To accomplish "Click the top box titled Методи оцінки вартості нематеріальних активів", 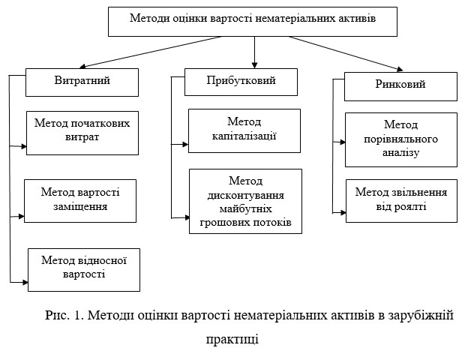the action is tap(253, 22).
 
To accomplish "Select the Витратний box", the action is tap(82, 82).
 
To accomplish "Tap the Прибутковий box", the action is tap(241, 82).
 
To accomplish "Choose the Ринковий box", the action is tap(400, 86).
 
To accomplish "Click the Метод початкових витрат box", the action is tap(82, 133).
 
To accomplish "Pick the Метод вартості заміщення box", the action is tap(80, 201).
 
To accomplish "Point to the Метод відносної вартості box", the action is tap(84, 270).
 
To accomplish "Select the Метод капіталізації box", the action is tap(244, 130).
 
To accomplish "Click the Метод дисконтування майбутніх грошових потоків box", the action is tap(245, 201).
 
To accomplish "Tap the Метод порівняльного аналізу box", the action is tap(401, 139).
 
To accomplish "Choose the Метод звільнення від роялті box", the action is tap(401, 201).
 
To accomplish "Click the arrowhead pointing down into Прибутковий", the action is tap(254, 65).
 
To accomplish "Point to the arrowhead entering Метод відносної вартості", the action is tap(25, 282).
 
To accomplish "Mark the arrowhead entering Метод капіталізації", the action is tap(185, 145).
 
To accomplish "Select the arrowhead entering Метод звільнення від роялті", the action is tap(343, 212).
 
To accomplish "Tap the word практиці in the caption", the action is tap(232, 339).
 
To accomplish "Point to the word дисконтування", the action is tap(246, 196).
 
